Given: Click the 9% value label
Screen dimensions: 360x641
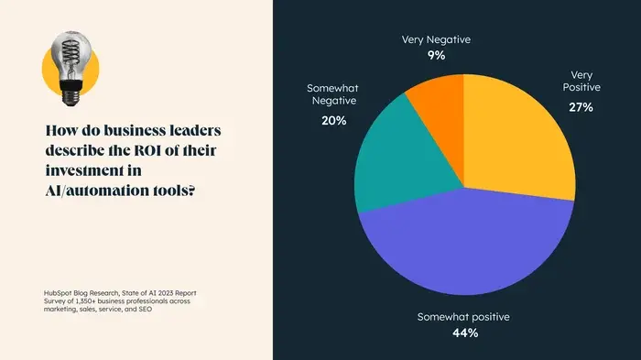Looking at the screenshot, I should [x=436, y=55].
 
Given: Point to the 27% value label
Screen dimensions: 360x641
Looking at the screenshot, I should [x=581, y=107].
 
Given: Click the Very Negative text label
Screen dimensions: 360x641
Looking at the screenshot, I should [x=436, y=39].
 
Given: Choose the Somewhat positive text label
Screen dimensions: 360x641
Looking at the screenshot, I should [x=463, y=317].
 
